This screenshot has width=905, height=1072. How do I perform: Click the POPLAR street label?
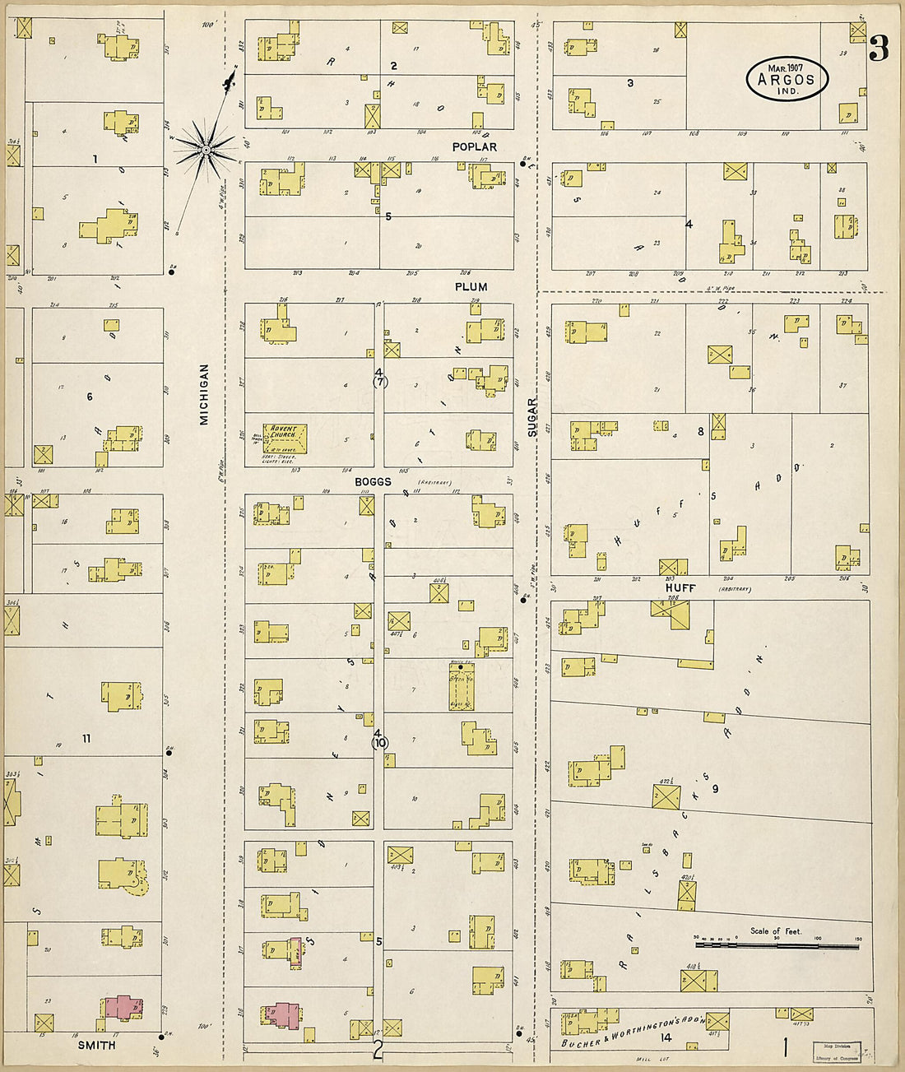[474, 146]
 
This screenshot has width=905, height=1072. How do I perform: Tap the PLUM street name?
[471, 286]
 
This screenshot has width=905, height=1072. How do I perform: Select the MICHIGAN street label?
[204, 395]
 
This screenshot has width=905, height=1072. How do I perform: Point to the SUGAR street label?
[532, 417]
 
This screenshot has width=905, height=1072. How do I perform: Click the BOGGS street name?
[373, 481]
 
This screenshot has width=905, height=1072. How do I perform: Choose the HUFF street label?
[680, 588]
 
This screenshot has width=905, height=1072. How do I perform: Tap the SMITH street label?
[96, 1045]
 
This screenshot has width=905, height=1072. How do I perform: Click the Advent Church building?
[285, 439]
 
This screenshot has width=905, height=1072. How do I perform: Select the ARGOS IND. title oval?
[787, 79]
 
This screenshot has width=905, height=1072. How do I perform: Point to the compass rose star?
[206, 148]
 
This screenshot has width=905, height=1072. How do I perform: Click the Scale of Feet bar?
[777, 946]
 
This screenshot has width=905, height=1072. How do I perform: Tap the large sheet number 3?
[878, 51]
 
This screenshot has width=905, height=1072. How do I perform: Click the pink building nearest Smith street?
[123, 1009]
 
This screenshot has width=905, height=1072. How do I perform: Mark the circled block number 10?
[379, 742]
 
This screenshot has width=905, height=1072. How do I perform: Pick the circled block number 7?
[379, 382]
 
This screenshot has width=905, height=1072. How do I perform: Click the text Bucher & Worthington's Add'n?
[632, 1031]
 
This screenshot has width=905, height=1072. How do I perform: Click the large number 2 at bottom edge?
[378, 1050]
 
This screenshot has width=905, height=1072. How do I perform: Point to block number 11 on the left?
[86, 738]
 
